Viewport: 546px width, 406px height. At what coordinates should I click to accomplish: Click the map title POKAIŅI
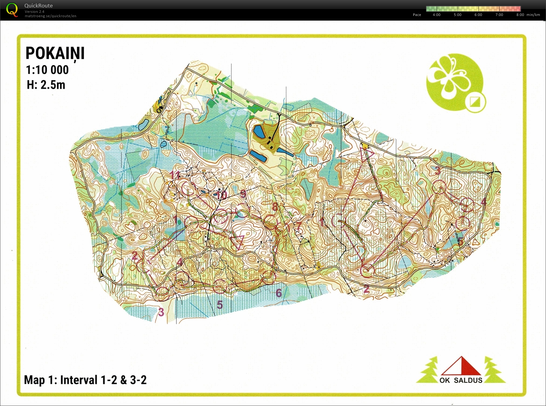[55, 53]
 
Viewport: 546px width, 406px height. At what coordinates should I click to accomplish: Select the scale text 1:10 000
[47, 70]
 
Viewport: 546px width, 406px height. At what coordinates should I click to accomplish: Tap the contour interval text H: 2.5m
[46, 85]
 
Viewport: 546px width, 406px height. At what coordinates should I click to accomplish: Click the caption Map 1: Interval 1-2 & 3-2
[85, 380]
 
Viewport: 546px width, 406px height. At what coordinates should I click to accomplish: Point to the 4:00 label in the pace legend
[436, 15]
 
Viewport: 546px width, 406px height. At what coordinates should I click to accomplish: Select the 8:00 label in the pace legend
[520, 15]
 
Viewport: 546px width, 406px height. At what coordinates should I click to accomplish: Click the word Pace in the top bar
[417, 15]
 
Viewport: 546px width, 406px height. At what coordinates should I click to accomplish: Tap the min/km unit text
[533, 15]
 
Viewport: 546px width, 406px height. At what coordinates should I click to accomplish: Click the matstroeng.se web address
[50, 16]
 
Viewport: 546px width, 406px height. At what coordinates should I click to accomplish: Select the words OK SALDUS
[461, 380]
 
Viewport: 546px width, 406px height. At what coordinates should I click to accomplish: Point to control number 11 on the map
[175, 175]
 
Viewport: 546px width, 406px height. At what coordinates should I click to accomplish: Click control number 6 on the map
[279, 293]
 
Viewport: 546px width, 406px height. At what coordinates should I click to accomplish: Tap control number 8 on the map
[275, 207]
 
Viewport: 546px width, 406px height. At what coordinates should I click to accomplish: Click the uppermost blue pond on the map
[259, 132]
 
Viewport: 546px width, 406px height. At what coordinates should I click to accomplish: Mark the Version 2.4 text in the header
[34, 12]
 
